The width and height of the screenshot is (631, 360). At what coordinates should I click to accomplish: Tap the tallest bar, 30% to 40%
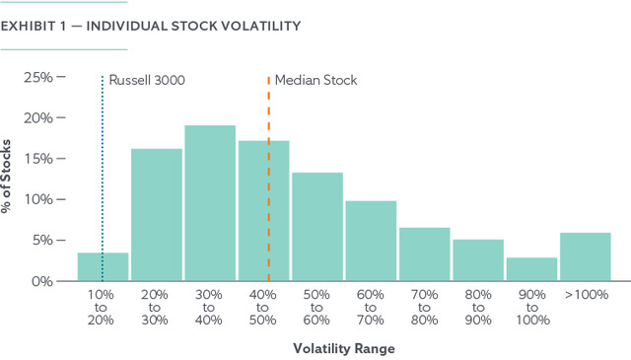[x=210, y=203]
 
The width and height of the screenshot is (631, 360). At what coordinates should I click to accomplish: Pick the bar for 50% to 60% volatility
[x=317, y=227]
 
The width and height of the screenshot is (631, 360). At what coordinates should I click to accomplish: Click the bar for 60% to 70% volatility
[x=371, y=242]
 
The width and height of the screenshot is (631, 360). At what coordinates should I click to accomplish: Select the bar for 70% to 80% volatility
[x=425, y=254]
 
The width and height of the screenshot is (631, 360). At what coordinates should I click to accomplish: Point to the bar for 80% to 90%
[x=478, y=260]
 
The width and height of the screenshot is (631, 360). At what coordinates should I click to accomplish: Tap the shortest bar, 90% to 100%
[x=531, y=269]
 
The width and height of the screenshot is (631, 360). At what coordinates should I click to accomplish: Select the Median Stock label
[x=315, y=80]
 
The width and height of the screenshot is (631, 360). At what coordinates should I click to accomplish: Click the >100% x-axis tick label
[x=586, y=295]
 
